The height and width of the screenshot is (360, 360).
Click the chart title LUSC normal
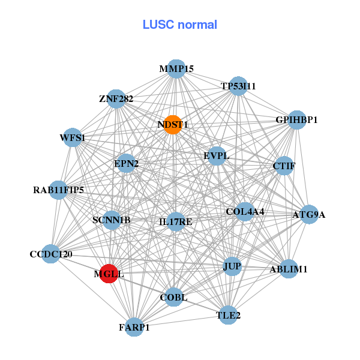click(179, 25)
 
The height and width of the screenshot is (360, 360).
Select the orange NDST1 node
click(173, 125)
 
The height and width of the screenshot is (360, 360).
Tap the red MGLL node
click(109, 274)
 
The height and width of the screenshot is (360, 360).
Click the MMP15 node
click(176, 69)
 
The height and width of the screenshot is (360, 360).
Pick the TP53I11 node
click(238, 86)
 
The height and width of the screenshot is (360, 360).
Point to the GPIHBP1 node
click(296, 120)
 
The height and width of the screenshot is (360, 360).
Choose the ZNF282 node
click(116, 98)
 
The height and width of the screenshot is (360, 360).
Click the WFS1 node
click(73, 138)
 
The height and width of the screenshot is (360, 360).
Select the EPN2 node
click(126, 163)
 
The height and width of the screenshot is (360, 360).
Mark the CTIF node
click(283, 166)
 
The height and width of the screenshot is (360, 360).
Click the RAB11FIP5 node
click(58, 190)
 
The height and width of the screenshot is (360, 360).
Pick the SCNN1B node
click(112, 220)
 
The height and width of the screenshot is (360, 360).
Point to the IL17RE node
click(176, 222)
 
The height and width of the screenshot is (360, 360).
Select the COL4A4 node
click(245, 212)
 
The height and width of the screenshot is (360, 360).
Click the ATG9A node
click(308, 214)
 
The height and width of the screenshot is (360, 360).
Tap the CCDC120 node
click(51, 254)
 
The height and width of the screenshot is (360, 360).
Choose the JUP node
click(232, 266)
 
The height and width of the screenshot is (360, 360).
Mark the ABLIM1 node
click(289, 269)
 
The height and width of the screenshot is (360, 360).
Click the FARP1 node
click(134, 327)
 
